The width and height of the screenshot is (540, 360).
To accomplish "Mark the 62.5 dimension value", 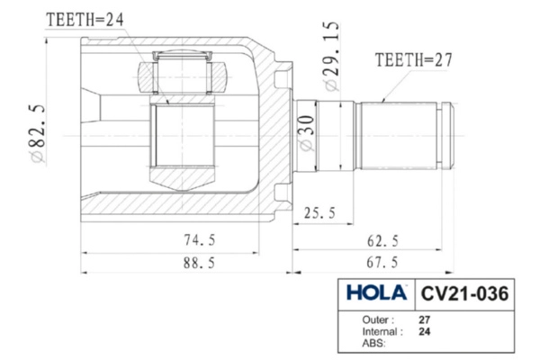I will point(382,240).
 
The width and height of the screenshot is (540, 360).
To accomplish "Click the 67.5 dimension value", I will point(382,263).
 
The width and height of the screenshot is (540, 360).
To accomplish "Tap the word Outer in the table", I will point(377,319).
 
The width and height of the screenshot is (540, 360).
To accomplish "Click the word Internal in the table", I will point(382,331).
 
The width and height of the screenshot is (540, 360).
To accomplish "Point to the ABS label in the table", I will point(373,343).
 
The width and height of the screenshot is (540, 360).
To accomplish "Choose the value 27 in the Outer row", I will point(425,319).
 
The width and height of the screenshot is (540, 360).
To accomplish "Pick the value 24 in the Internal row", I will point(425,331).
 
